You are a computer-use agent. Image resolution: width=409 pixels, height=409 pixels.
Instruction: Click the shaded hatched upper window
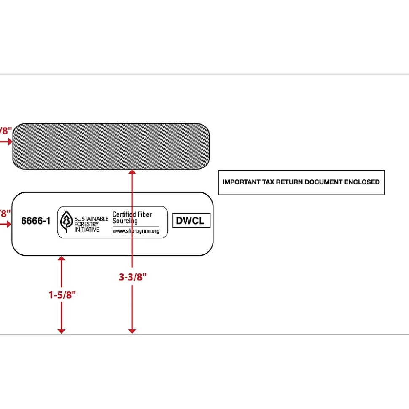tap(111, 146)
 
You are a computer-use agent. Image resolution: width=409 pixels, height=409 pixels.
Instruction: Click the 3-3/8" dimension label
tap(132, 277)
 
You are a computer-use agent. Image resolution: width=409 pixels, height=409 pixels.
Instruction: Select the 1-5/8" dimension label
tap(62, 295)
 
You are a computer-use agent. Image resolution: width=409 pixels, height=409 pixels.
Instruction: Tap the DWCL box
tap(191, 221)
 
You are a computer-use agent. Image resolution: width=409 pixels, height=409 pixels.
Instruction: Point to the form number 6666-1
tap(36, 221)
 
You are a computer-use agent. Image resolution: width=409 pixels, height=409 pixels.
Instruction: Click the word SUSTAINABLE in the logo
tap(91, 219)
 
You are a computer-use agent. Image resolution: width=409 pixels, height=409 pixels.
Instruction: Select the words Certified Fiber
tap(132, 214)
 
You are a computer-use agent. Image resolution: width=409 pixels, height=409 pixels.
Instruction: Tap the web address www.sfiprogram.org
tap(136, 231)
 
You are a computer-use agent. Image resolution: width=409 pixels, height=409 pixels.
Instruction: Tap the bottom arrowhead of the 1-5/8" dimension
tap(62, 331)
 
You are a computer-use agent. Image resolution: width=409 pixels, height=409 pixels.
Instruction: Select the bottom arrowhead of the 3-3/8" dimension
tap(132, 331)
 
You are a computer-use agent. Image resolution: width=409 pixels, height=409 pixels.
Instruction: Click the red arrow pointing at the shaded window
tap(7, 142)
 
